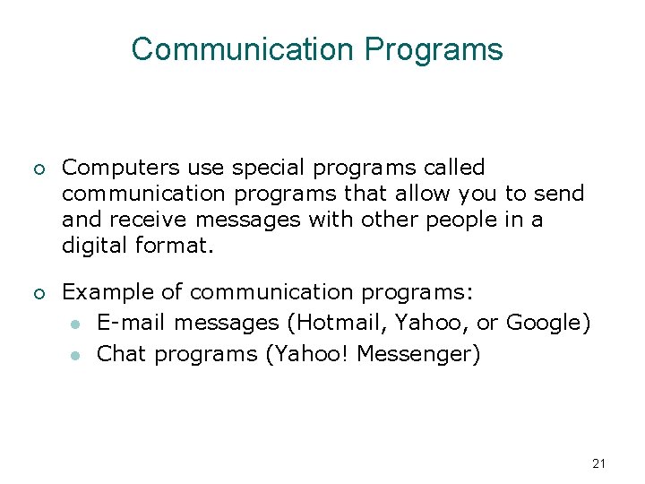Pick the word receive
point(148,220)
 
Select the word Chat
point(122,354)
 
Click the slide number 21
point(599,463)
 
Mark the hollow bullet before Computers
point(39,169)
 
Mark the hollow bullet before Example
point(39,293)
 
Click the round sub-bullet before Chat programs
point(77,355)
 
